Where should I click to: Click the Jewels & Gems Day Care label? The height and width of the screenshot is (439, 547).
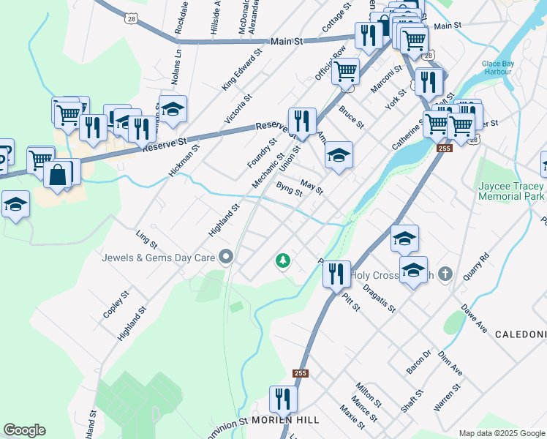(x=158, y=257)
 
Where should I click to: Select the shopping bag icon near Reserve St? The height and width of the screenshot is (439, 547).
(x=57, y=176)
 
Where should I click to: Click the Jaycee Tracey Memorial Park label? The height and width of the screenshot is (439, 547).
(x=512, y=192)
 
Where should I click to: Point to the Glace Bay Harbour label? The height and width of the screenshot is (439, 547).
(x=500, y=67)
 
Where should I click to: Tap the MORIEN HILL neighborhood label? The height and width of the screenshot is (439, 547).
(x=286, y=421)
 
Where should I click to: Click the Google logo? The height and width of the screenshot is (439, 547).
(x=24, y=430)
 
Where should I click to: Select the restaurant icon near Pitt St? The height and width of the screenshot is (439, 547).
(x=336, y=274)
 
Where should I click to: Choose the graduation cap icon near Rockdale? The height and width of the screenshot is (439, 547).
(x=173, y=110)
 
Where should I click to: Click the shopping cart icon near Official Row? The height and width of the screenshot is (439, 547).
(x=345, y=72)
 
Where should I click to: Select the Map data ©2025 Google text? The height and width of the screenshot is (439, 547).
(x=501, y=433)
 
